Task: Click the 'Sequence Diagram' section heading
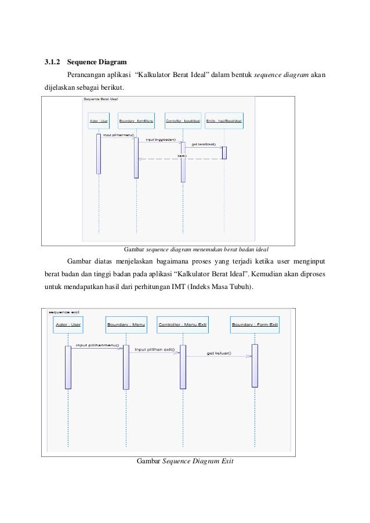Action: click(x=93, y=61)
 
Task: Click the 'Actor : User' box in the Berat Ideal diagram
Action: click(x=99, y=121)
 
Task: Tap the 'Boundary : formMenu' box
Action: click(x=136, y=121)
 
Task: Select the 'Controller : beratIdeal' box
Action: click(x=183, y=121)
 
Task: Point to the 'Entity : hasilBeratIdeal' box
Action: click(x=224, y=121)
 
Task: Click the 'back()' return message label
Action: click(x=182, y=156)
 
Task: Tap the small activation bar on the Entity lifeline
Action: click(x=224, y=152)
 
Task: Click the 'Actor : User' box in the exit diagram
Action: click(x=67, y=325)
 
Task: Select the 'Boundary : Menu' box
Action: click(x=126, y=325)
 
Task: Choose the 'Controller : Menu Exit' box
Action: click(x=183, y=325)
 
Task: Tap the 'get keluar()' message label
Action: click(x=219, y=353)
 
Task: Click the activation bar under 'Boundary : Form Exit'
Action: click(x=254, y=365)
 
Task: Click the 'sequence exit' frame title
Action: click(x=64, y=311)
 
